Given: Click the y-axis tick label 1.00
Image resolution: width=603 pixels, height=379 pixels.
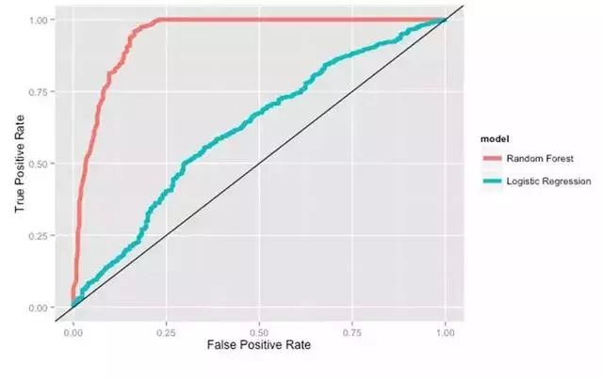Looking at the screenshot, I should pos(41,20).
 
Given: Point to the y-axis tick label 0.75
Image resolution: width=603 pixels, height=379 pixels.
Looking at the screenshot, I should pos(41,91).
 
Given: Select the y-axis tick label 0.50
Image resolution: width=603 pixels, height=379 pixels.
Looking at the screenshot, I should pos(41,164).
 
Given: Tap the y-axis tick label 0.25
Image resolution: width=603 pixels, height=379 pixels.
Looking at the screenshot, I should pos(41,235).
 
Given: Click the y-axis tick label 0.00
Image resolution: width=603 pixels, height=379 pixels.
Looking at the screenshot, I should pos(41,308).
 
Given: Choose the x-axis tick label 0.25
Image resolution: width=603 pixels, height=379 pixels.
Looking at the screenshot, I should pos(165,332).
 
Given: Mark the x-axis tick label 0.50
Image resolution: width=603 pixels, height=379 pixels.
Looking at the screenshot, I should pos(258,332).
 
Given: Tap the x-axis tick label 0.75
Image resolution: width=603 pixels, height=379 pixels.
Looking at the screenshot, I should pos(351,332).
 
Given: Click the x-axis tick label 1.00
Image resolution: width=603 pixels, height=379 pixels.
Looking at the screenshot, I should pos(445,332).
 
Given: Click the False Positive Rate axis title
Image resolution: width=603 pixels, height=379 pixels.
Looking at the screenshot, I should pos(258,346).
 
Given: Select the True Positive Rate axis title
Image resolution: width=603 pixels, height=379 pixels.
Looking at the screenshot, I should pos(20,165).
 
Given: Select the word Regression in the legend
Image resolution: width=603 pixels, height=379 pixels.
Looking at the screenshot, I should pos(568,180).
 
